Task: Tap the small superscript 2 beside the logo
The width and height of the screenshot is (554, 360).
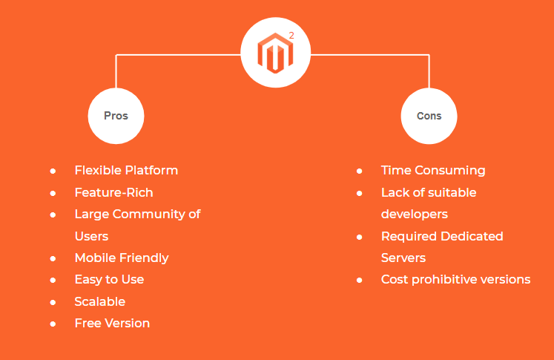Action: tap(291, 34)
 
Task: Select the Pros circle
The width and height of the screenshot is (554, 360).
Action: tap(116, 116)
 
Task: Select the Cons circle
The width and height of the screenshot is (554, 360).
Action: tap(429, 116)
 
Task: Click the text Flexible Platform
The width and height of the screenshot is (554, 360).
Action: tap(126, 170)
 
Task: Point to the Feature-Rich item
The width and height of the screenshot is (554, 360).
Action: tap(113, 192)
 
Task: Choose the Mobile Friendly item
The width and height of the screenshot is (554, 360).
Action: tap(122, 258)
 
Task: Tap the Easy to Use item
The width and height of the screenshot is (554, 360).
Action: tap(109, 279)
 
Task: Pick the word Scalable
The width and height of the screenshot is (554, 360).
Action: tap(99, 301)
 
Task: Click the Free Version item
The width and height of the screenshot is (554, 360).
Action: tap(112, 323)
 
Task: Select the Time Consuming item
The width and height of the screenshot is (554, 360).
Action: tap(433, 170)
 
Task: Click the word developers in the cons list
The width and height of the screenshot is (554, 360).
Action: tap(414, 214)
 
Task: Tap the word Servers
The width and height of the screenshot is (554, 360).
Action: tap(403, 258)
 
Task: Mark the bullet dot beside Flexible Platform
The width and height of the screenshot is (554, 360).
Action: tap(53, 171)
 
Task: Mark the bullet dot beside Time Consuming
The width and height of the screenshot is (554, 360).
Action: tap(359, 171)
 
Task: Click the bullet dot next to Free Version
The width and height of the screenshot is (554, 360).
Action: tap(53, 324)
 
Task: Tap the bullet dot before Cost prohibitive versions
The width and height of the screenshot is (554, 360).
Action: tap(359, 280)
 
